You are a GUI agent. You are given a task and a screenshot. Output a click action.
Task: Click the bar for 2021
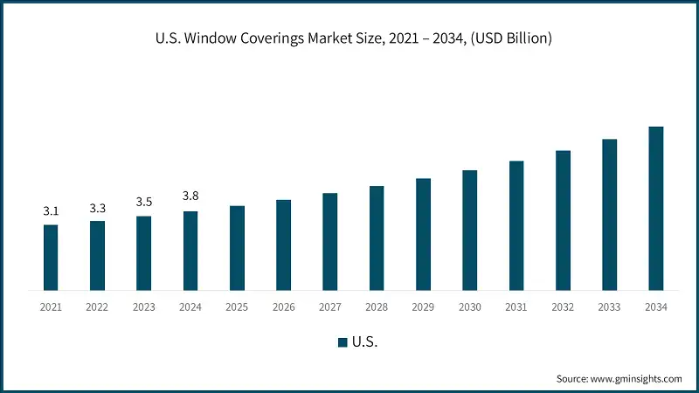point(51,257)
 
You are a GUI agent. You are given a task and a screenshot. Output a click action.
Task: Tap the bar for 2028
point(377,238)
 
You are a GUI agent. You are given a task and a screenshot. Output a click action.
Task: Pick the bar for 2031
point(516,225)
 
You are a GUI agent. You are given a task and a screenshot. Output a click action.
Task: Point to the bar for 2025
point(237,247)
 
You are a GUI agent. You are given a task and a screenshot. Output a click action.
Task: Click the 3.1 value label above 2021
point(51,211)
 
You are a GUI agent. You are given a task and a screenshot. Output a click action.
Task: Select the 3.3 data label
point(97,208)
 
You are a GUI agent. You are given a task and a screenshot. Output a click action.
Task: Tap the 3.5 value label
point(144,203)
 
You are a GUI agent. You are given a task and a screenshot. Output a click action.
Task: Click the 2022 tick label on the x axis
point(97,307)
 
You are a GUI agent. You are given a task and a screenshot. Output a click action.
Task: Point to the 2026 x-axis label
point(284,307)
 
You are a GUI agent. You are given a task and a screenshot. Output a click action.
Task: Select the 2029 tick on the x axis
point(423,307)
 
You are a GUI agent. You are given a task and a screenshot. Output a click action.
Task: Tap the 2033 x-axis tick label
point(610,307)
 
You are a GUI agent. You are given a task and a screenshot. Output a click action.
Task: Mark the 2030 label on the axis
point(470,307)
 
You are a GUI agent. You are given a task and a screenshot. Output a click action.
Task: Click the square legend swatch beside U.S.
point(343,341)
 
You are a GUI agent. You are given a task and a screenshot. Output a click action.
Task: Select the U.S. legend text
point(364,341)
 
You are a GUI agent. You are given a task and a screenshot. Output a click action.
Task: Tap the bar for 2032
point(563,220)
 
